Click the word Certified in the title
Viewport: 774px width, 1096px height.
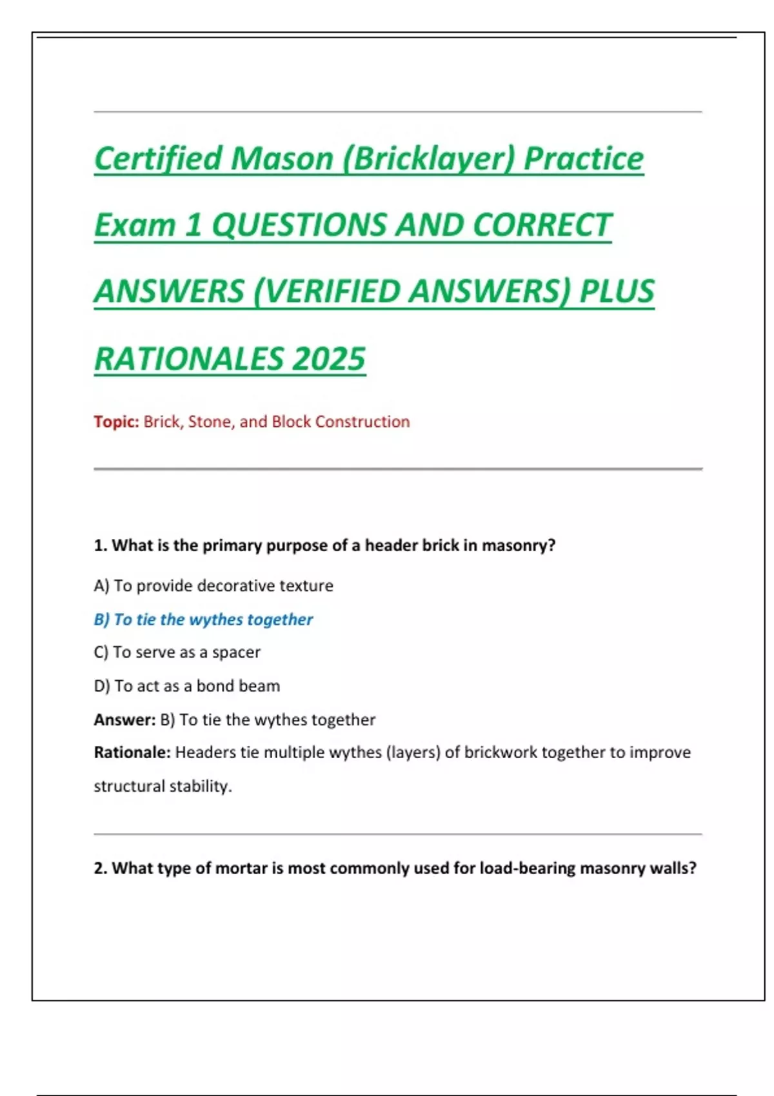tap(158, 159)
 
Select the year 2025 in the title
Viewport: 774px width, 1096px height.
tap(328, 358)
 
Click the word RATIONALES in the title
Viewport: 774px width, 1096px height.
tap(188, 358)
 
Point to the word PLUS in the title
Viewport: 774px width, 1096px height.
tap(617, 291)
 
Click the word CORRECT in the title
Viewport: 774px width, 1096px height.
tap(542, 225)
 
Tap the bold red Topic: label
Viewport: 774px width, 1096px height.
tap(116, 422)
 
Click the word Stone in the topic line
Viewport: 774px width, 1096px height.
tap(209, 422)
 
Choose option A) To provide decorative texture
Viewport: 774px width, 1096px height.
tap(213, 585)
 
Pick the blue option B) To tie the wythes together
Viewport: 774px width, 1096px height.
tap(203, 620)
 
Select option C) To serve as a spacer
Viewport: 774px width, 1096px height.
tap(177, 652)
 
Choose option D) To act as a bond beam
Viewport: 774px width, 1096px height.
tap(187, 686)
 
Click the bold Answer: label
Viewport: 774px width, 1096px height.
tap(124, 719)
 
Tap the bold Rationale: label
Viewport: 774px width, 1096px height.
tap(132, 752)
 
